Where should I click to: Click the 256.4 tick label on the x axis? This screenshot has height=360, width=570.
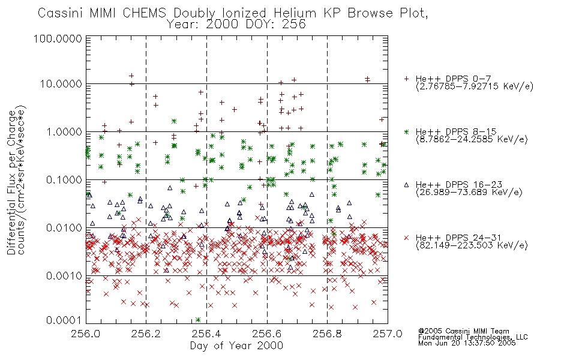[x=206, y=334]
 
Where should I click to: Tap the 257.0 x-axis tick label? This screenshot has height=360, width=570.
[x=388, y=334]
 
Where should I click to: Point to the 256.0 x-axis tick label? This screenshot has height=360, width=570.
[x=86, y=334]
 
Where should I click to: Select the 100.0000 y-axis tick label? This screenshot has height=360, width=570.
[x=58, y=38]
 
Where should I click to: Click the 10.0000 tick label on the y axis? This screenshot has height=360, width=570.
[x=61, y=84]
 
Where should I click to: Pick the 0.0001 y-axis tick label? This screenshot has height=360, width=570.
[x=64, y=320]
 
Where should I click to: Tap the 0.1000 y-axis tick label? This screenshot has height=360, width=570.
[x=64, y=180]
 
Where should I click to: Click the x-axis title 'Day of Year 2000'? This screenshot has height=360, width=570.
[x=236, y=346]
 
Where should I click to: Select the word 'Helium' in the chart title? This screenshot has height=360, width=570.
[x=295, y=13]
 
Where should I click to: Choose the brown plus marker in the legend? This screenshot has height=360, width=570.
[x=406, y=79]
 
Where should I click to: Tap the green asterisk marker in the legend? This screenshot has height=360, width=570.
[x=406, y=131]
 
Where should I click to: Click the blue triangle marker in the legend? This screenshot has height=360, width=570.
[x=406, y=185]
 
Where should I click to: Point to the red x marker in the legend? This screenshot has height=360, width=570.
[x=406, y=238]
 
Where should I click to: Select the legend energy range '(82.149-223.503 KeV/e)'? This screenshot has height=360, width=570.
[x=472, y=245]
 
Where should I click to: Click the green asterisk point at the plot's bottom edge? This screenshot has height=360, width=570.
[x=198, y=320]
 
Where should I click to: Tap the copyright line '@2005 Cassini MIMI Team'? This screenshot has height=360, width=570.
[x=463, y=331]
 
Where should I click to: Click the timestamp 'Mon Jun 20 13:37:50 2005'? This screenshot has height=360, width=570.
[x=467, y=343]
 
